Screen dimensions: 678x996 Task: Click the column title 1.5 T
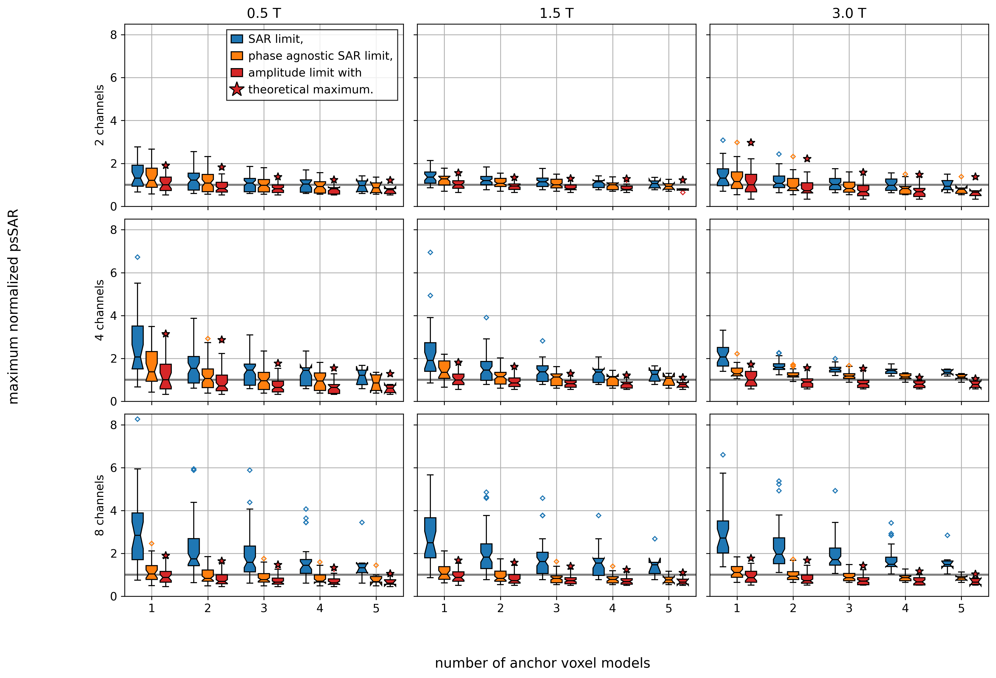[556, 13]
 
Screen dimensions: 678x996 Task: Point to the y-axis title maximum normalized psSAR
[14, 306]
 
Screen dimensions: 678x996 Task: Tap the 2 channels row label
[99, 115]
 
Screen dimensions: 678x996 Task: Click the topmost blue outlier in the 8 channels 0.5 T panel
[138, 419]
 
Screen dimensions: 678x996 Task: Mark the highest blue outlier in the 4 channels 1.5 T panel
[430, 252]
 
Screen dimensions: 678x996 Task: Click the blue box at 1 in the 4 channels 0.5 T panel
[138, 347]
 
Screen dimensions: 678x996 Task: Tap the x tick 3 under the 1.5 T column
[556, 608]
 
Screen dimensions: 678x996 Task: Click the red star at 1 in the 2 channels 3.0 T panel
[751, 142]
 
